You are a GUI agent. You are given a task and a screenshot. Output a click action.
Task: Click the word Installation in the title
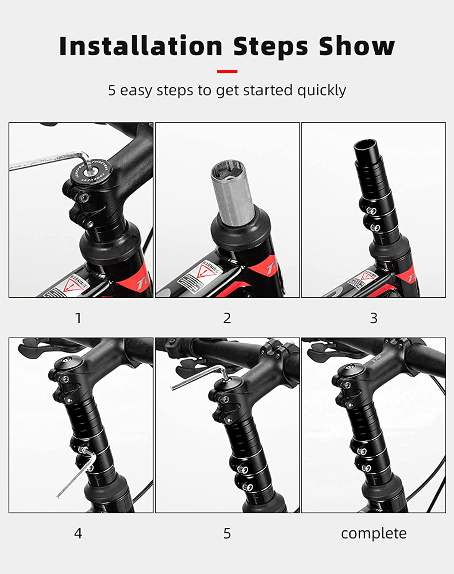click(x=141, y=46)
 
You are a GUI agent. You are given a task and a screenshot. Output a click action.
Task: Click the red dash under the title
click(x=227, y=71)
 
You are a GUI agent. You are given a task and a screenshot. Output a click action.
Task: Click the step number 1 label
click(x=78, y=318)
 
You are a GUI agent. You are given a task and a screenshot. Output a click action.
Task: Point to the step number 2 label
click(x=227, y=318)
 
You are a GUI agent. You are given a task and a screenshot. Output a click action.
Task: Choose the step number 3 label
click(x=374, y=318)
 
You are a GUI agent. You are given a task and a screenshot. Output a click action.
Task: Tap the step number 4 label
click(x=78, y=533)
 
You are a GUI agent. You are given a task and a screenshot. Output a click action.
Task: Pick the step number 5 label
click(x=227, y=533)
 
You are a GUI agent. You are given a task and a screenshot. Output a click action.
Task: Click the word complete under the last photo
click(x=374, y=533)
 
